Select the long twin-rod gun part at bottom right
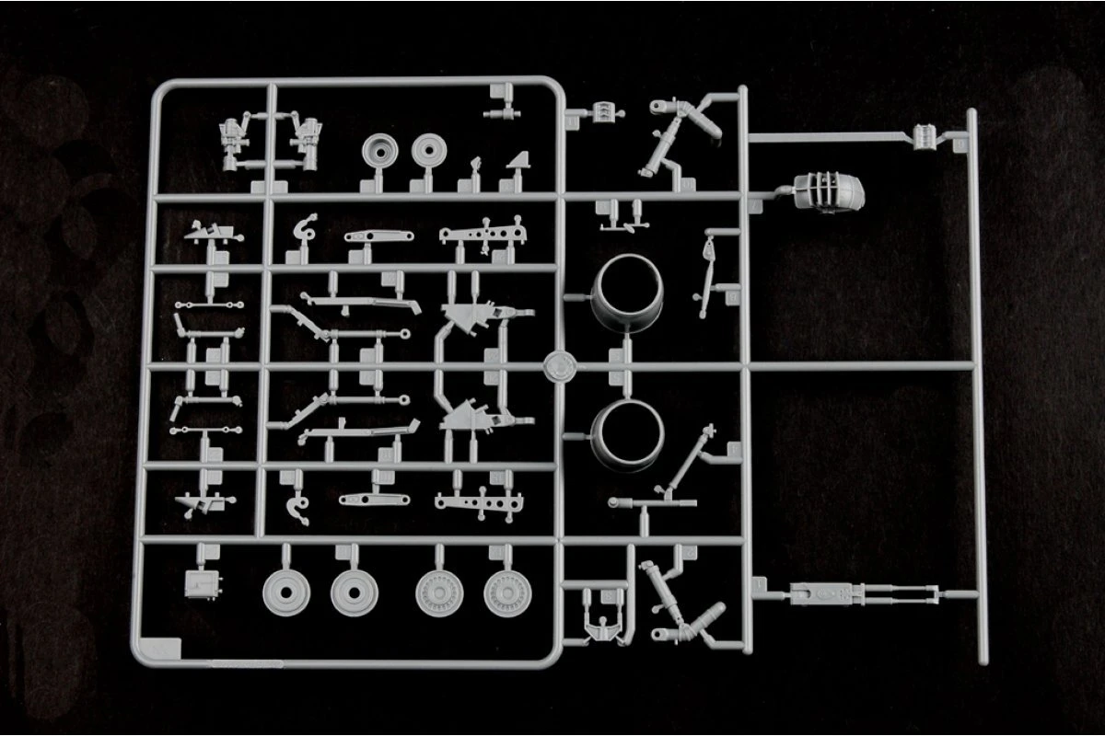click(x=861, y=595)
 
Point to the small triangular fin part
click(x=520, y=166)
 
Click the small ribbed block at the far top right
click(x=925, y=135)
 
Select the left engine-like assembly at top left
click(x=238, y=143)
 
